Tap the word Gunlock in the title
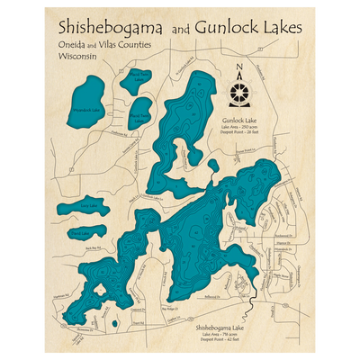(236, 27)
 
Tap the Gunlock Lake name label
(238, 119)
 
